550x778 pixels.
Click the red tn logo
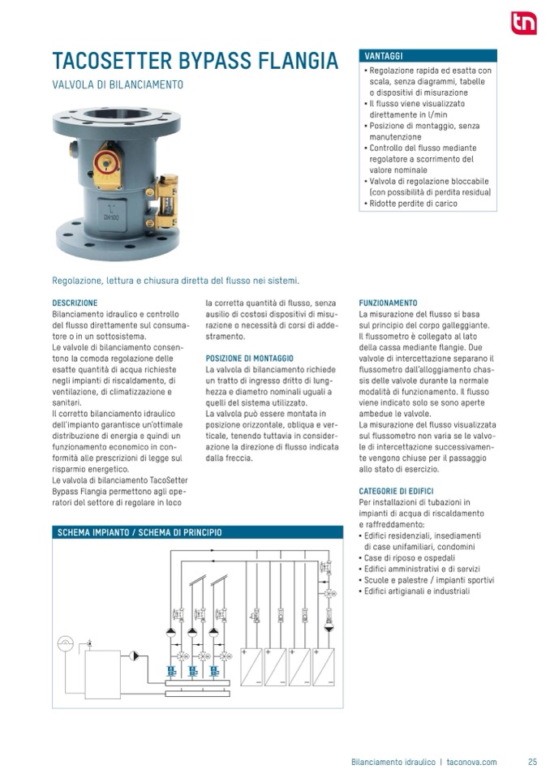pos(523,23)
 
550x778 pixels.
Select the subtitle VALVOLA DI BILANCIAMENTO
pos(118,84)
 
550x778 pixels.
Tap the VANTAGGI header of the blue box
pos(384,56)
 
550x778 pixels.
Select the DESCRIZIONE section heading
pos(75,303)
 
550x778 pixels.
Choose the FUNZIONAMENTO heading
pos(388,303)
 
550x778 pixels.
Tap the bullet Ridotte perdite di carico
pos(413,204)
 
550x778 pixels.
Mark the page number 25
pos(532,762)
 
